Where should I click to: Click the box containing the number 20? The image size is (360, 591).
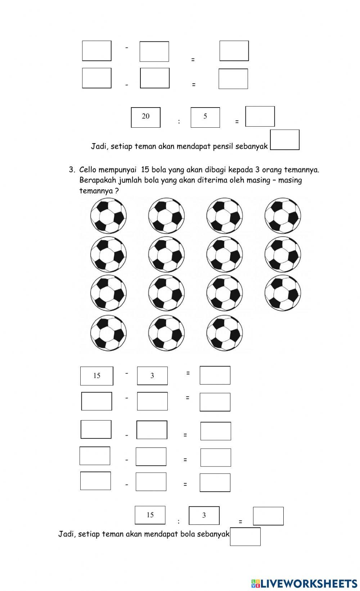click(x=145, y=117)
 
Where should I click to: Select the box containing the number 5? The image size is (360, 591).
click(x=205, y=117)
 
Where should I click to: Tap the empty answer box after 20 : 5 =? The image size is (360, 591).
click(x=260, y=117)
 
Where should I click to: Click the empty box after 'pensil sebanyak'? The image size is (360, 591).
click(x=284, y=140)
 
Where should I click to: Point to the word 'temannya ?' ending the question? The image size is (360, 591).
click(x=99, y=191)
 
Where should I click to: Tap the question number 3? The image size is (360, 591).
click(x=72, y=169)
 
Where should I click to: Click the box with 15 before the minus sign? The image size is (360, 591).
click(x=96, y=376)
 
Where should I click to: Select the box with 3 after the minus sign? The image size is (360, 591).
click(x=152, y=376)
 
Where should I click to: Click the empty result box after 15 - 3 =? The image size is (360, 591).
click(x=215, y=375)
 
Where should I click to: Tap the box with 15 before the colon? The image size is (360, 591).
click(x=150, y=515)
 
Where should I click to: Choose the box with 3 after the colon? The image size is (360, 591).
click(x=204, y=515)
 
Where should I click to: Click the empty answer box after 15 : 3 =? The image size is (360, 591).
click(x=268, y=516)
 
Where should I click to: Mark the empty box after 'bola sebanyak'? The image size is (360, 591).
click(x=245, y=537)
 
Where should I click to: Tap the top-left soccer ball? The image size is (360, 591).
click(x=108, y=216)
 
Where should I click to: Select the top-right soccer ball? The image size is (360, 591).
click(x=283, y=216)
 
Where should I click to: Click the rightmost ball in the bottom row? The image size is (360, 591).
click(x=224, y=333)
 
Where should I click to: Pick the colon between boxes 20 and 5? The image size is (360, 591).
click(x=179, y=122)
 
